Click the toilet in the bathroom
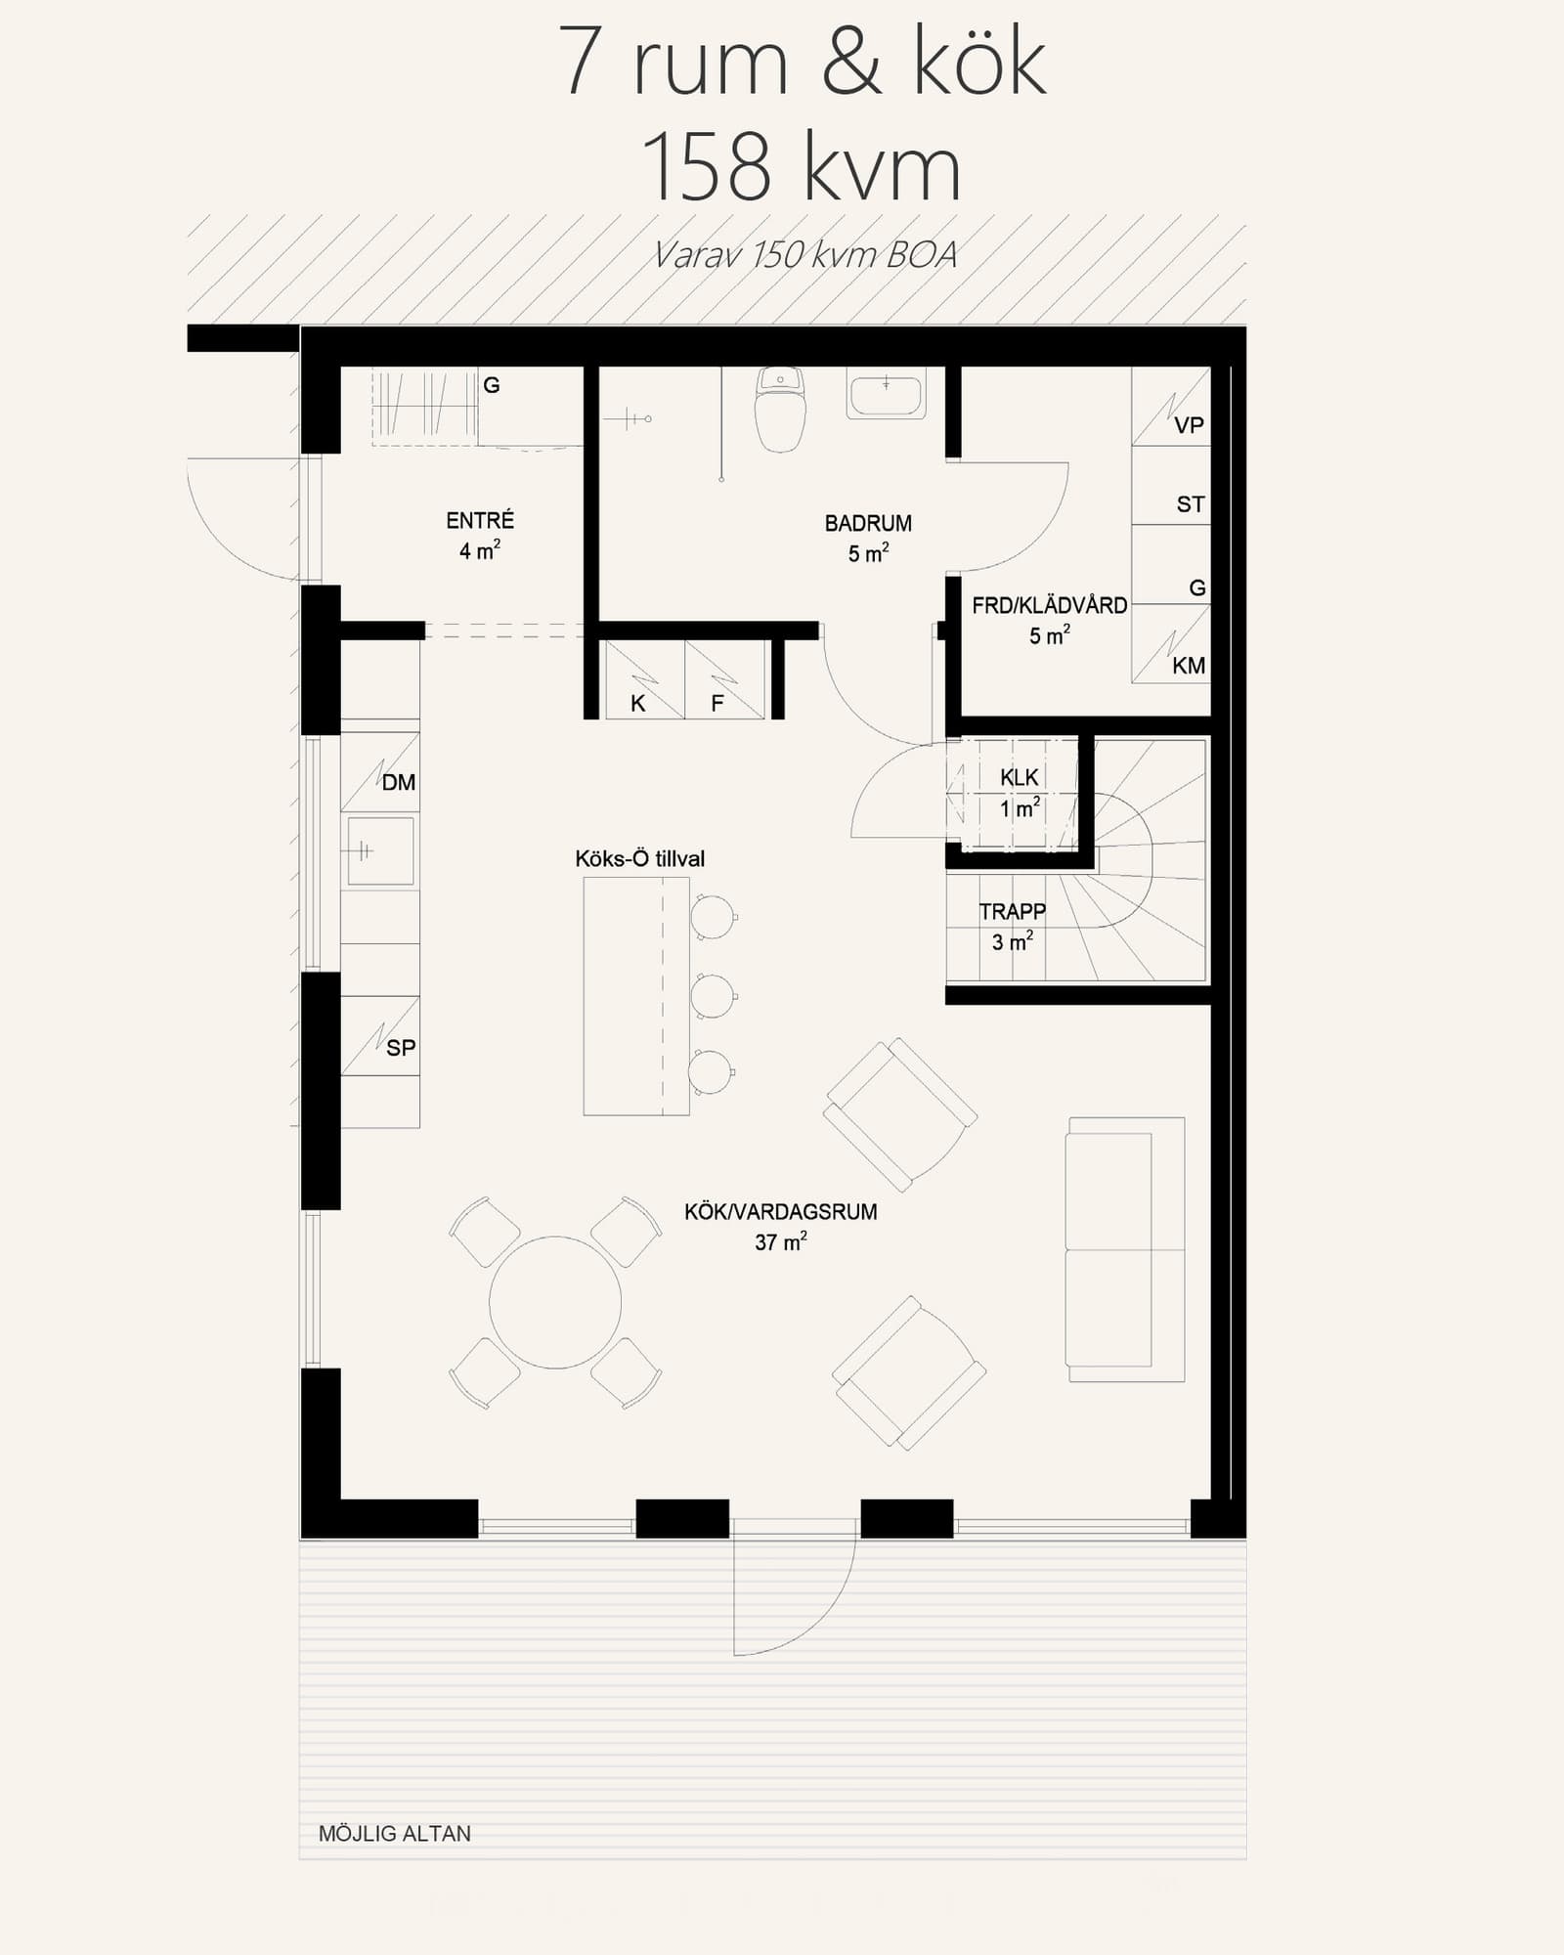coord(780,410)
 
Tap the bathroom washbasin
coord(886,393)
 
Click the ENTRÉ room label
coord(480,520)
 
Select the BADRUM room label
coord(868,523)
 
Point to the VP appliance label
coord(1189,425)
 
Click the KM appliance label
coord(1189,666)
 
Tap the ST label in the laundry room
coord(1190,504)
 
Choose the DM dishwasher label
coord(399,782)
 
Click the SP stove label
coord(401,1048)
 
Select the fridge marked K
coord(644,680)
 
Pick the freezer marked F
coord(724,680)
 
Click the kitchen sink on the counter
coord(380,851)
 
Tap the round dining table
coord(555,1302)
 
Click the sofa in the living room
coord(1125,1249)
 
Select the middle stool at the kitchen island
coord(714,996)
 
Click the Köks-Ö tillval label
coord(639,858)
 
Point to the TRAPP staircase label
coord(1013,911)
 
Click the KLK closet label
coord(1020,777)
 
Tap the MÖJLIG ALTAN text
coord(395,1834)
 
